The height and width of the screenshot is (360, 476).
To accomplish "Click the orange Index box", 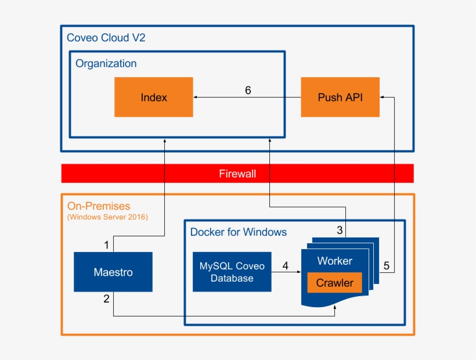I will [153, 97].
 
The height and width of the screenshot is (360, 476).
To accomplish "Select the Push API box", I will [340, 97].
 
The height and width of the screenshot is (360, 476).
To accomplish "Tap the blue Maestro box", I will [113, 272].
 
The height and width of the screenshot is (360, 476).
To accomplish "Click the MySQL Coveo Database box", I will [232, 272].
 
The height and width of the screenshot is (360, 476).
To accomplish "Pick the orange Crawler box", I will [334, 283].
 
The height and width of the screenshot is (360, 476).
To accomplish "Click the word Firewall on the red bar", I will [237, 173].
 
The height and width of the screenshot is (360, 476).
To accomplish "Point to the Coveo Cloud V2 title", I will [106, 38].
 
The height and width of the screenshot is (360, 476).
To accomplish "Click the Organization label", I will [106, 63].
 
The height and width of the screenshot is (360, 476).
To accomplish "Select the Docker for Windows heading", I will [239, 232].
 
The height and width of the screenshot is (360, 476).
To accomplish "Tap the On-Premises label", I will [99, 206].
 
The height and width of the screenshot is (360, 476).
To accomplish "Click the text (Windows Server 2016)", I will [107, 217].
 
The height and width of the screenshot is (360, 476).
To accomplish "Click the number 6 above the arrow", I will [248, 91].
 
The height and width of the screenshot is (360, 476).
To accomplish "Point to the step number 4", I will [285, 266].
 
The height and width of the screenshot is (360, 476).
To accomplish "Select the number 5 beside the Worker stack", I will [387, 266].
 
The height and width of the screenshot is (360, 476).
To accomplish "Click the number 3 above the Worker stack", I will [340, 230].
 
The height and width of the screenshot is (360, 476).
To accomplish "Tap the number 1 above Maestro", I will [106, 245].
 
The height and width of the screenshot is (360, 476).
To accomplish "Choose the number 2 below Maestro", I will [106, 299].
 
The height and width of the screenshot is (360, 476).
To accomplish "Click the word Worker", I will [334, 261].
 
